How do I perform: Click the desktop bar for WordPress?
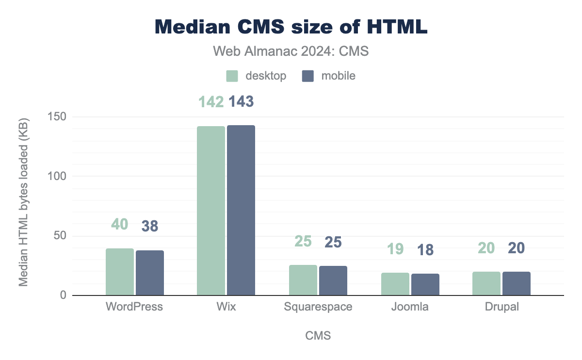click(x=120, y=272)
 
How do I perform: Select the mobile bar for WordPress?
click(x=150, y=273)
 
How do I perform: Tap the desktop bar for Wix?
click(x=211, y=211)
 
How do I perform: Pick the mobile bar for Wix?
click(x=241, y=211)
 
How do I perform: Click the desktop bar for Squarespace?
click(x=303, y=280)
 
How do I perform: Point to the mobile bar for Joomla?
click(x=425, y=285)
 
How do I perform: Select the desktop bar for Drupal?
click(x=486, y=284)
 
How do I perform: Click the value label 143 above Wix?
click(x=241, y=101)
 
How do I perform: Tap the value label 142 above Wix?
click(x=211, y=101)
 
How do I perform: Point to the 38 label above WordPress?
click(x=150, y=226)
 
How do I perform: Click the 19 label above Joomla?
click(x=395, y=249)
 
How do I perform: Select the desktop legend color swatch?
click(x=232, y=76)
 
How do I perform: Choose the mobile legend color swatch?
click(x=308, y=76)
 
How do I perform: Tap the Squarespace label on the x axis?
click(x=318, y=307)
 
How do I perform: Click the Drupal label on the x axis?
click(x=501, y=307)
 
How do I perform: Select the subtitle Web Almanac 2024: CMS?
click(x=291, y=51)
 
